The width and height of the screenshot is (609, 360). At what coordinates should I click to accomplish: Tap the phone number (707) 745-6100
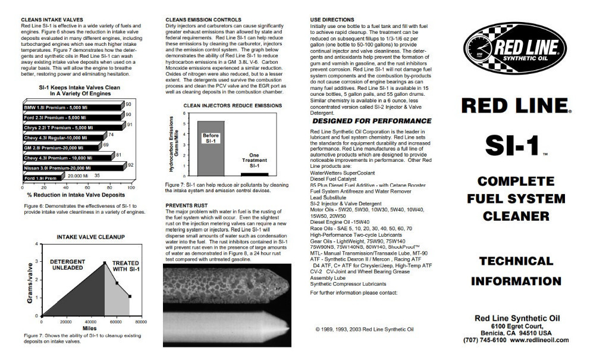[x=484, y=340]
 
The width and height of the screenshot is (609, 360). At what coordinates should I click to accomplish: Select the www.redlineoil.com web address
[x=538, y=340]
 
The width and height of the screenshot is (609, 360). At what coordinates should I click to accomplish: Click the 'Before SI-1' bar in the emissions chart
[x=211, y=146]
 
